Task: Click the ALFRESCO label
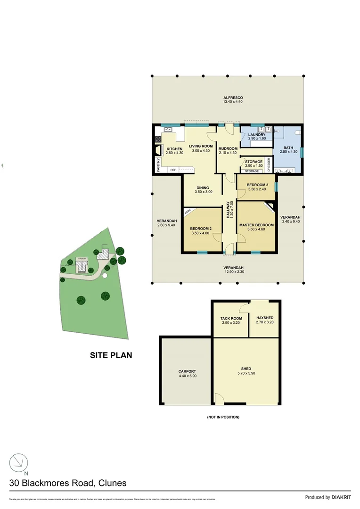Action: (x=230, y=98)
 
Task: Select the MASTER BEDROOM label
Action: (x=256, y=225)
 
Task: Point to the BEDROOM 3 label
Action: (x=257, y=184)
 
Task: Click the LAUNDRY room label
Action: (x=257, y=135)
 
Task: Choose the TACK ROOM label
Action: (x=231, y=318)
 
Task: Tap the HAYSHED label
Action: (x=264, y=318)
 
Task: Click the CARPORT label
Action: (x=187, y=371)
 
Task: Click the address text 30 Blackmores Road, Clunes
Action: (x=68, y=483)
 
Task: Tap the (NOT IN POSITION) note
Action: (x=223, y=417)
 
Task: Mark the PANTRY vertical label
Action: (x=158, y=165)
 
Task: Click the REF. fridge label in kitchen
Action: (x=173, y=170)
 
